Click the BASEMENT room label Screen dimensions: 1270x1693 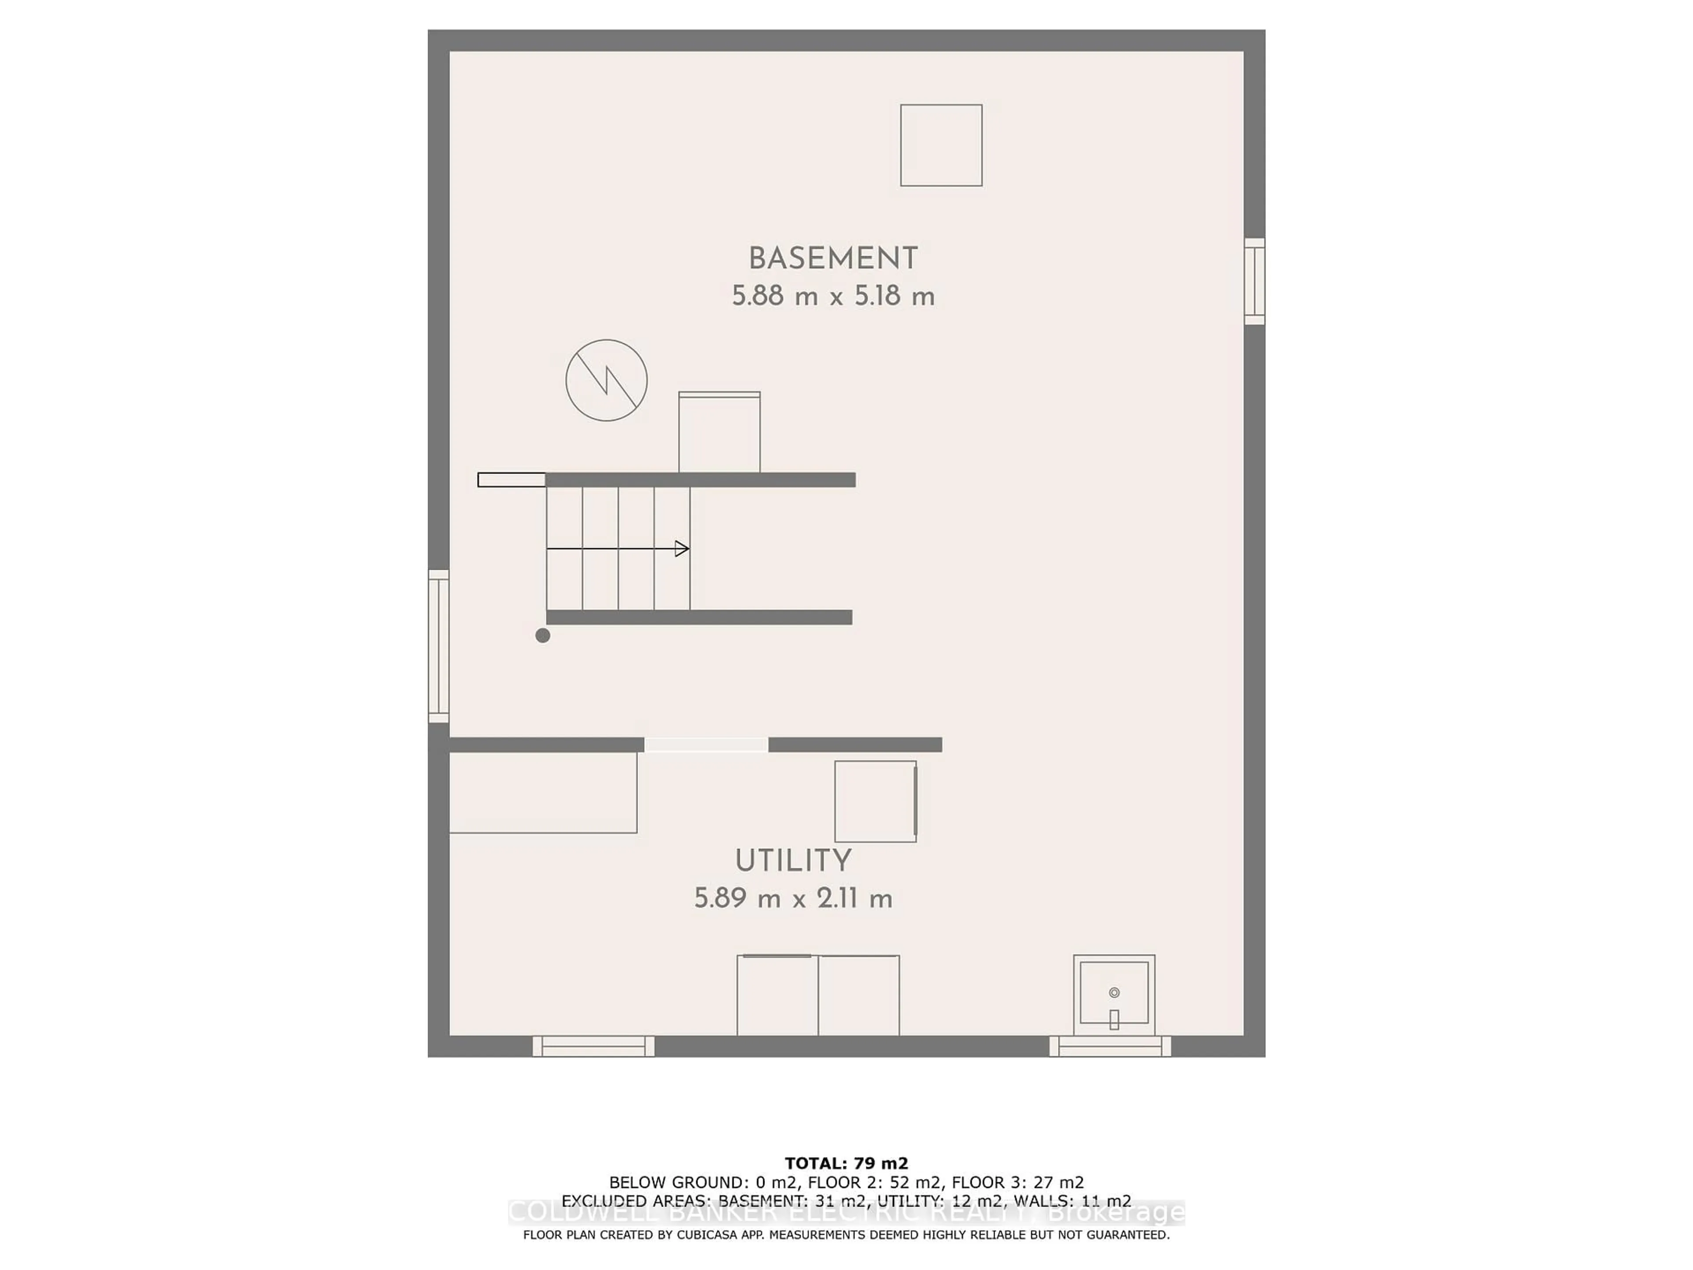[833, 259]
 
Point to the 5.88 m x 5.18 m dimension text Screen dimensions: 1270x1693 [833, 296]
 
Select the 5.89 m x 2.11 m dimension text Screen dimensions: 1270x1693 [793, 898]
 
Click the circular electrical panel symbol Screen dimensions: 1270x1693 [606, 381]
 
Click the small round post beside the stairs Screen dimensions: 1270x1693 [543, 635]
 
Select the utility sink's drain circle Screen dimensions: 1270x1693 [1115, 993]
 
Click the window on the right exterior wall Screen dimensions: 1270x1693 [1254, 281]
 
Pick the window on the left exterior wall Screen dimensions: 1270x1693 [438, 646]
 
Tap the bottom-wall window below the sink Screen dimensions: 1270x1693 [1110, 1046]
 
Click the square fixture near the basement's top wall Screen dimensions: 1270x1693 [941, 146]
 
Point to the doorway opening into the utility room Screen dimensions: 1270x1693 [706, 745]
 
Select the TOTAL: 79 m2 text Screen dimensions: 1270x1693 [846, 1164]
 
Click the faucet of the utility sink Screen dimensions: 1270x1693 [1115, 1019]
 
